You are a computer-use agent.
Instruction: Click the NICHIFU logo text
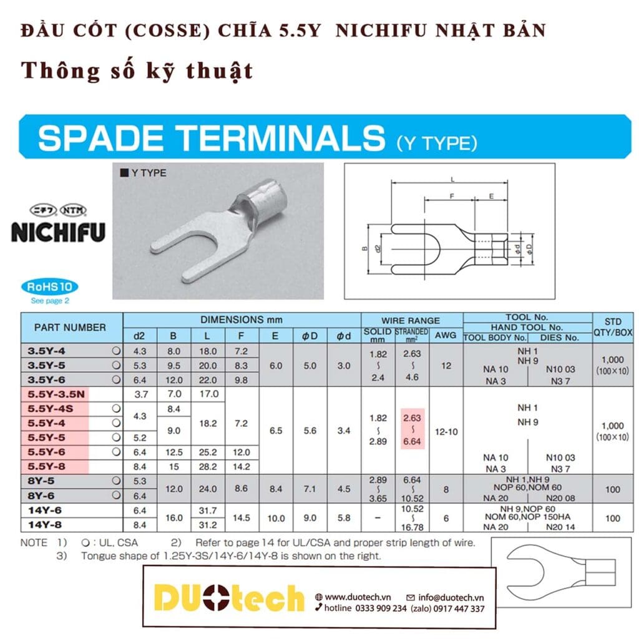click(x=58, y=232)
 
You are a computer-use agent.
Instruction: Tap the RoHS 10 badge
click(x=51, y=288)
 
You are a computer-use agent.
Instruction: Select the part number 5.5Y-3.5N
click(x=56, y=394)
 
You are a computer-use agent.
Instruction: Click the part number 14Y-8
click(x=47, y=525)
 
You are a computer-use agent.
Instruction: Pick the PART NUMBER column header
click(x=70, y=327)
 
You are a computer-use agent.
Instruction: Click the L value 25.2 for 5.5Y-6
click(x=207, y=452)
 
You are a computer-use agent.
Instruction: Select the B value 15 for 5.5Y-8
click(x=173, y=466)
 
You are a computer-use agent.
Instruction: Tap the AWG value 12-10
click(x=445, y=430)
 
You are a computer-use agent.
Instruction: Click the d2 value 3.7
click(x=139, y=394)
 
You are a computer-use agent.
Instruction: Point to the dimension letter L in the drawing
click(x=451, y=179)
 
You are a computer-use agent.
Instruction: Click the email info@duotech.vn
click(x=447, y=597)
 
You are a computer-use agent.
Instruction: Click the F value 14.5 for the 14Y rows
click(x=242, y=518)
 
